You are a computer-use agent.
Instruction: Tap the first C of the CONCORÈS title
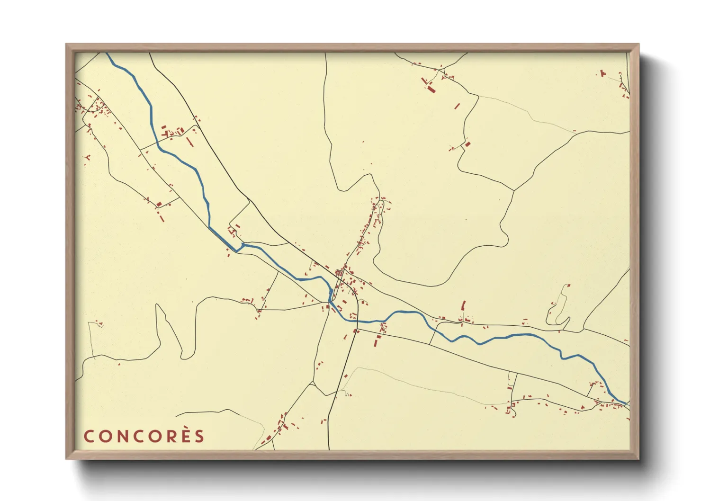(89, 436)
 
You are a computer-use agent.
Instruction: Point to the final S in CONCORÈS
(199, 436)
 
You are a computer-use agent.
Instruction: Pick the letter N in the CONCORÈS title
(122, 436)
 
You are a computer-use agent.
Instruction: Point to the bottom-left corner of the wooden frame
(67, 458)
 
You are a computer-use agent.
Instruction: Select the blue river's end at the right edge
(627, 403)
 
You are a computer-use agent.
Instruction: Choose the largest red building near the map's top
(431, 88)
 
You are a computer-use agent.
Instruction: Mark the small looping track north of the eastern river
(559, 308)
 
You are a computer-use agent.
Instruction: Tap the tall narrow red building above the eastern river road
(463, 306)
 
